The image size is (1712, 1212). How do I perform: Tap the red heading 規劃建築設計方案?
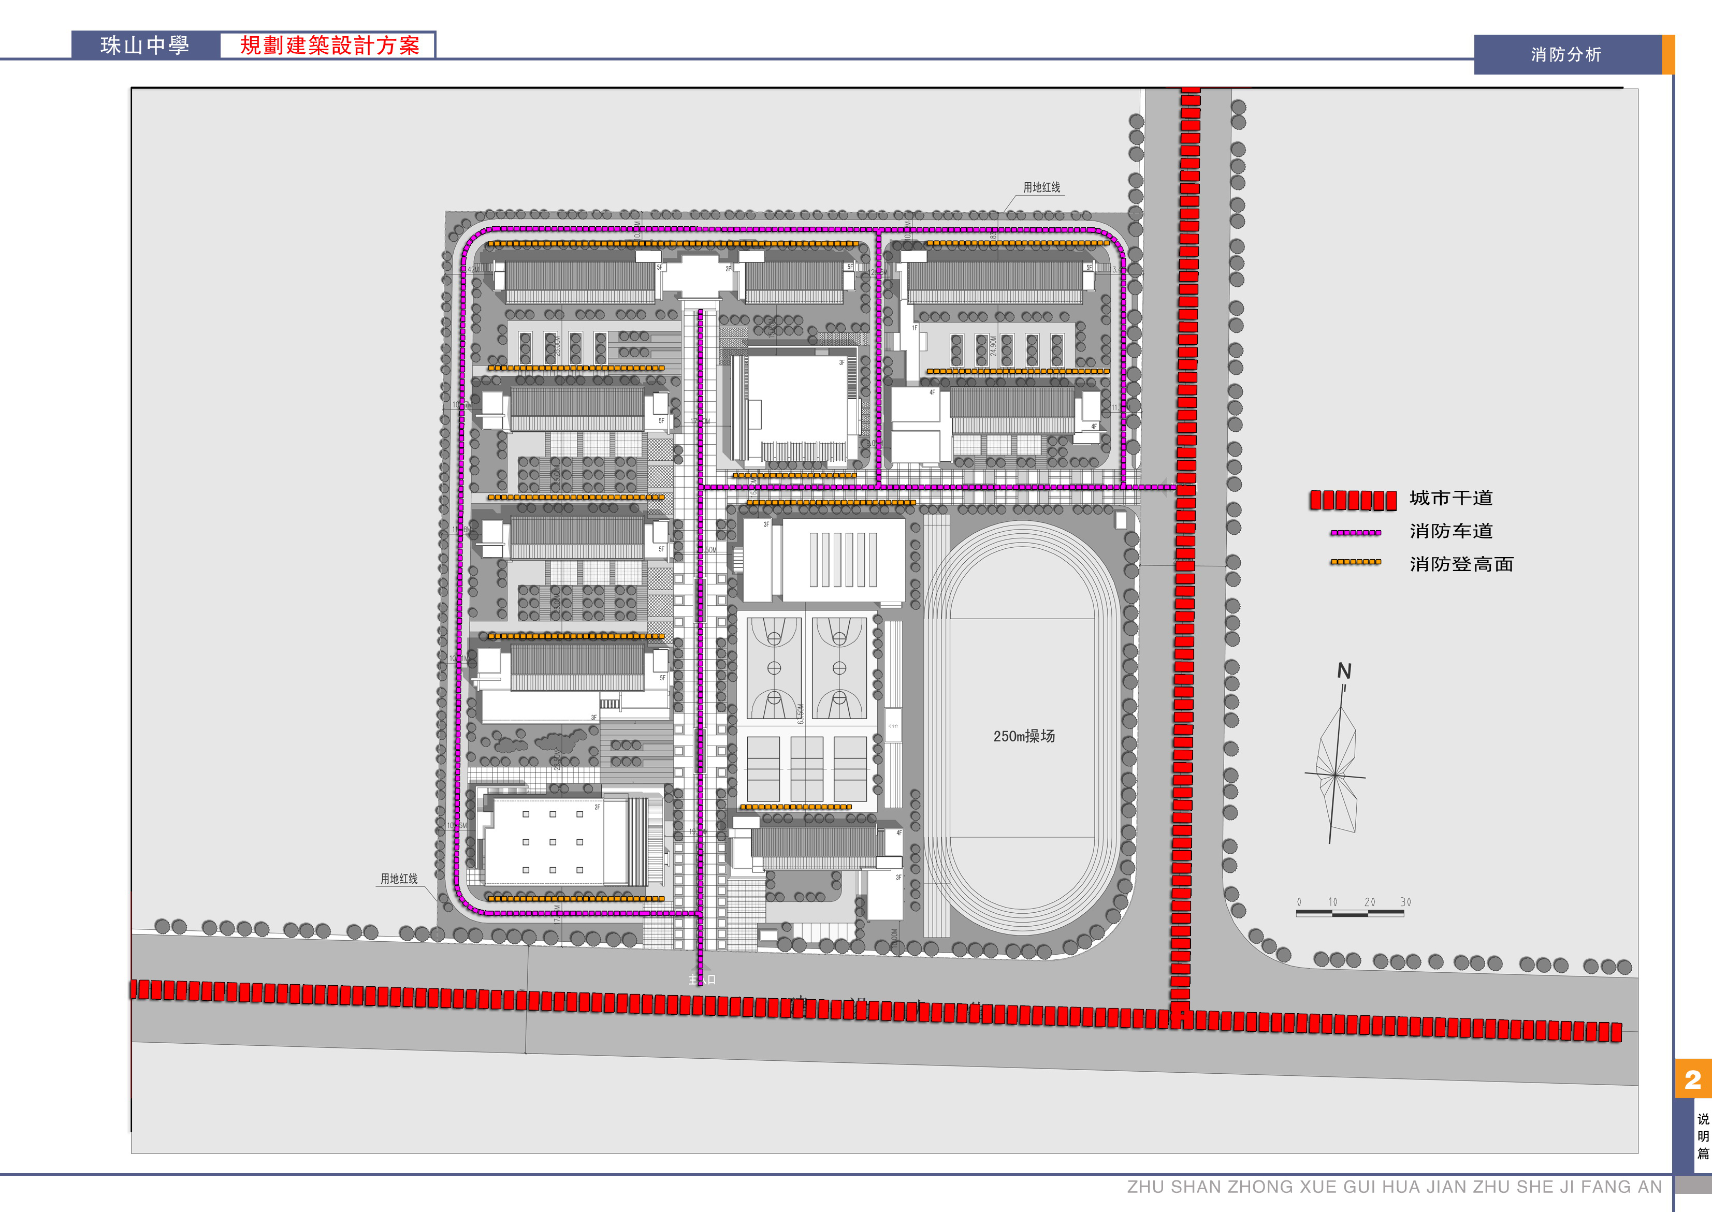(329, 46)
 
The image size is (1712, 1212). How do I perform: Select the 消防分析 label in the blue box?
(1566, 54)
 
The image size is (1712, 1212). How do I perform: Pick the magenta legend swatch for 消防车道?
(1355, 533)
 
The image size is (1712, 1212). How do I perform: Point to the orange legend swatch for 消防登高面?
(1355, 562)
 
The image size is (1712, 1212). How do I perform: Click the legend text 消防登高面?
(1460, 564)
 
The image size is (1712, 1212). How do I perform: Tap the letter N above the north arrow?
(1344, 671)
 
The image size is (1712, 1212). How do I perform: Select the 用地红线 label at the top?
(1041, 187)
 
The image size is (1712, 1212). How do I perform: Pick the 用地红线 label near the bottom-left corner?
(399, 879)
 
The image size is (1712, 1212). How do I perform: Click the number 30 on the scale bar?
(1405, 902)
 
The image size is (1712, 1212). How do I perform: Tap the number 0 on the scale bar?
(1299, 902)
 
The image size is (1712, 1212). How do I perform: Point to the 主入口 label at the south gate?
(702, 979)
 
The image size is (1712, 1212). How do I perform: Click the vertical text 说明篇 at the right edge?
(1702, 1136)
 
